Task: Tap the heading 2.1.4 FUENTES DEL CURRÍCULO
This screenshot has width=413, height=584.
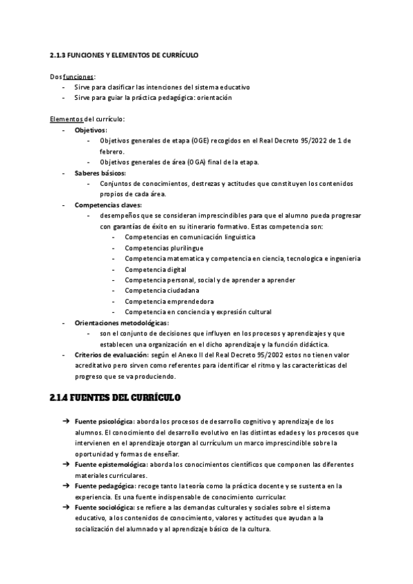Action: pyautogui.click(x=115, y=398)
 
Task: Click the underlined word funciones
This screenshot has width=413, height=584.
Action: pyautogui.click(x=78, y=76)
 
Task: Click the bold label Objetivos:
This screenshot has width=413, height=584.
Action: pyautogui.click(x=90, y=129)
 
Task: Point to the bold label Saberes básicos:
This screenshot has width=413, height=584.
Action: pyautogui.click(x=100, y=173)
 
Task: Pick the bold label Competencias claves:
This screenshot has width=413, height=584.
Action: pyautogui.click(x=108, y=205)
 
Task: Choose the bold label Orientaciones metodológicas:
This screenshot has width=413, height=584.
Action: pyautogui.click(x=121, y=322)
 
